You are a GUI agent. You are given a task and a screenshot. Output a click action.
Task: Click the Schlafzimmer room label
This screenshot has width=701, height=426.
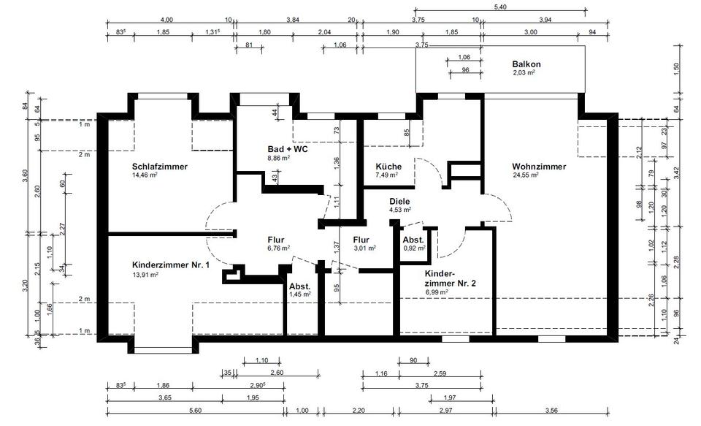(160, 167)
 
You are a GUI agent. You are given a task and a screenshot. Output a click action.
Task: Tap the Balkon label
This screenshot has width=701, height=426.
(526, 64)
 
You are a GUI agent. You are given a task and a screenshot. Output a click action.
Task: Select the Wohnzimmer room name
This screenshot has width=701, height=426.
(539, 167)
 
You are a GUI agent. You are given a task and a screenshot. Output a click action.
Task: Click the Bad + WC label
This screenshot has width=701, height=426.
(288, 148)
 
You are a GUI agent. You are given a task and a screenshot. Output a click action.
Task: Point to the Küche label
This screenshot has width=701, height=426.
(388, 167)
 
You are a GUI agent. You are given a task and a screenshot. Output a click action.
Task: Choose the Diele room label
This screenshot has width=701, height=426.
(399, 201)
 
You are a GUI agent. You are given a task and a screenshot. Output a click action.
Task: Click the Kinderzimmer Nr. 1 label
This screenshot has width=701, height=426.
(171, 265)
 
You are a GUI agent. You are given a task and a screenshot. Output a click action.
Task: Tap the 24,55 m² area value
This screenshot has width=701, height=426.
(525, 175)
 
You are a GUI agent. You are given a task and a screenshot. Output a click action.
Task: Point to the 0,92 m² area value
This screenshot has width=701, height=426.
(415, 248)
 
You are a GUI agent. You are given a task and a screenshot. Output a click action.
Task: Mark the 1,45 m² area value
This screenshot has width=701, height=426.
(300, 294)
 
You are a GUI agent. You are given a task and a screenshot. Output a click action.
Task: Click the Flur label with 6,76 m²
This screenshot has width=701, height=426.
(275, 239)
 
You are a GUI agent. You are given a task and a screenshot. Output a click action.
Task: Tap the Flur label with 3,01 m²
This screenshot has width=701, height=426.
(361, 239)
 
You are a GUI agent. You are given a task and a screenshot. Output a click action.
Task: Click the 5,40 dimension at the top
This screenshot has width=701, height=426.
(499, 7)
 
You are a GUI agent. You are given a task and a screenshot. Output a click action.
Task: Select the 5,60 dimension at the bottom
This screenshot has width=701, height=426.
(195, 411)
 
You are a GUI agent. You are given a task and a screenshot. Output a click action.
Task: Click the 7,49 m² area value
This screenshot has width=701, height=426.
(386, 175)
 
